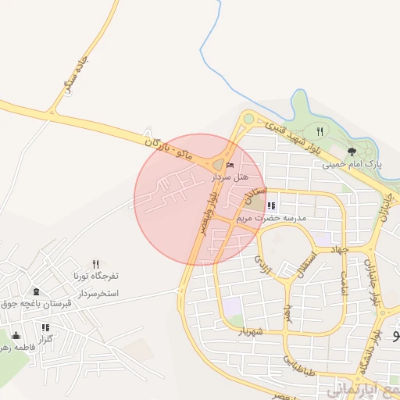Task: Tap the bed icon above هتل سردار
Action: tap(229, 166)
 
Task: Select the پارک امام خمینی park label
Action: tap(352, 165)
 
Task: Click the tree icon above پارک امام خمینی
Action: tap(352, 152)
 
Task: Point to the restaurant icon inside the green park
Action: tap(320, 130)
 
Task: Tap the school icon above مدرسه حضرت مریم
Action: tap(271, 206)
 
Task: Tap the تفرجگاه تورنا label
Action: tap(95, 277)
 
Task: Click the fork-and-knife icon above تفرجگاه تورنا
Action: tap(95, 265)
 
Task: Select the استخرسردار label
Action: tap(97, 293)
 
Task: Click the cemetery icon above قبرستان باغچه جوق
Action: tap(37, 291)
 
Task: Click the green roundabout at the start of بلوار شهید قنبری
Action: tap(248, 120)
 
